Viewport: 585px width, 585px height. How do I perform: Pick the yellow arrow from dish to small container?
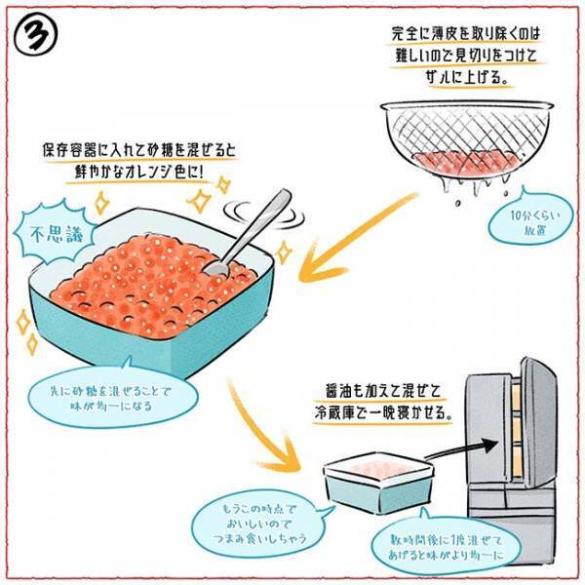coord(262,419)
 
